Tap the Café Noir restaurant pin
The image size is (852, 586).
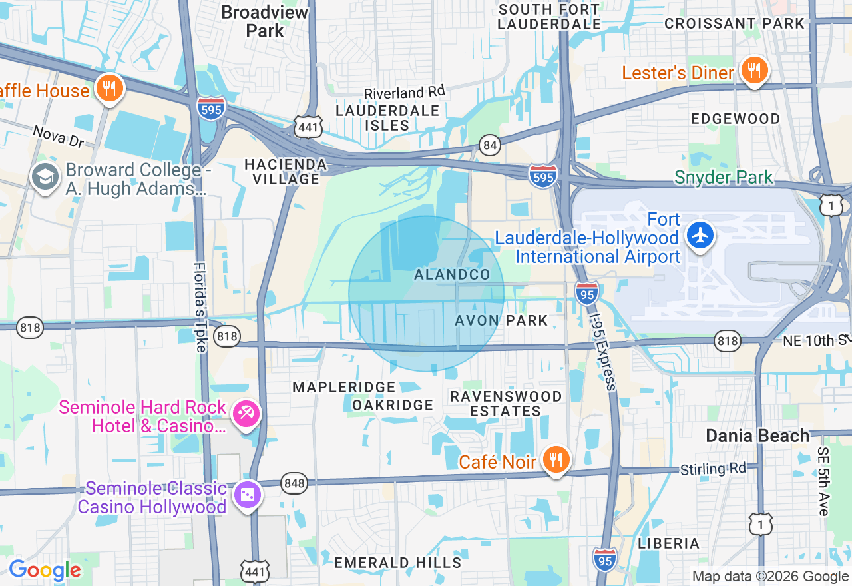(x=555, y=460)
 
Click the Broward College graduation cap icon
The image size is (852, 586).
(x=45, y=178)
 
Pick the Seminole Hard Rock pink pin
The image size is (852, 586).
(x=246, y=414)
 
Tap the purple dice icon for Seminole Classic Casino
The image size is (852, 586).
(x=247, y=496)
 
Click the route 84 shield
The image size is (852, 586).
(x=490, y=145)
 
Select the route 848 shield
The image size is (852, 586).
(x=294, y=483)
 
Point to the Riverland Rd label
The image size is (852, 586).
(x=404, y=93)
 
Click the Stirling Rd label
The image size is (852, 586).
(x=713, y=469)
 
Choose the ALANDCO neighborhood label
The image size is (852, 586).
(x=452, y=274)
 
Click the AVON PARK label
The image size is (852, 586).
(x=501, y=320)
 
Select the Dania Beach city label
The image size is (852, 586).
(x=757, y=436)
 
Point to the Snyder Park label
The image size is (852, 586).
(x=724, y=178)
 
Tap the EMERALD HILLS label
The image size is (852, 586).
(x=397, y=563)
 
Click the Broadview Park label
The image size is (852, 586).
(x=265, y=21)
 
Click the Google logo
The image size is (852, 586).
(x=45, y=570)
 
